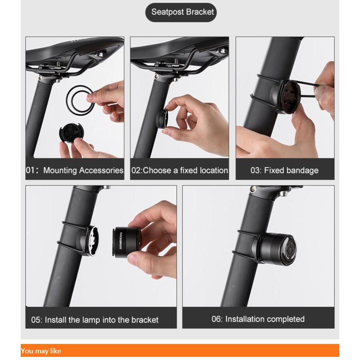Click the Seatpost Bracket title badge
(181, 13)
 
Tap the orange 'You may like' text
(41, 351)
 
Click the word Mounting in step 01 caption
(60, 171)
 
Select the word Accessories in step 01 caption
(101, 170)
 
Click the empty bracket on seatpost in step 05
(90, 240)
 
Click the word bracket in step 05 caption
(145, 320)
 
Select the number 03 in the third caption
(255, 171)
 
